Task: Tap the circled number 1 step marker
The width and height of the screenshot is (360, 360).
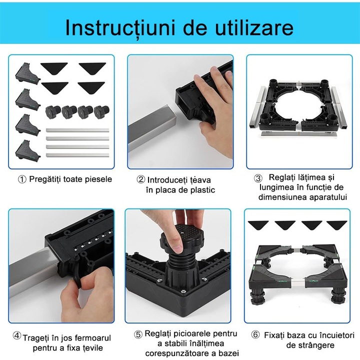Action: tap(22, 179)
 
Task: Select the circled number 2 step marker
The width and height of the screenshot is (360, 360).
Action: tap(140, 179)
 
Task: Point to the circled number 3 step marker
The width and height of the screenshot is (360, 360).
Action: tap(258, 178)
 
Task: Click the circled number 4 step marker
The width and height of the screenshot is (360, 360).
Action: tap(17, 336)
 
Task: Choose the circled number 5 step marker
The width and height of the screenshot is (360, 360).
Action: tap(138, 334)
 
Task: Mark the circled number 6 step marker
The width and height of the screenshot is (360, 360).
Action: tap(255, 334)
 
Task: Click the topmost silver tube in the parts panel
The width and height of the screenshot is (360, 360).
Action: tap(77, 130)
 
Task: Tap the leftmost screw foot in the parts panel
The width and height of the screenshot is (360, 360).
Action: tap(52, 112)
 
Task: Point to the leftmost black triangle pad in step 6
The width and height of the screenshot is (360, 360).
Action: tap(258, 225)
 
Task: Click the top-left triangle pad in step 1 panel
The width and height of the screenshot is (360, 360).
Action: tap(54, 67)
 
